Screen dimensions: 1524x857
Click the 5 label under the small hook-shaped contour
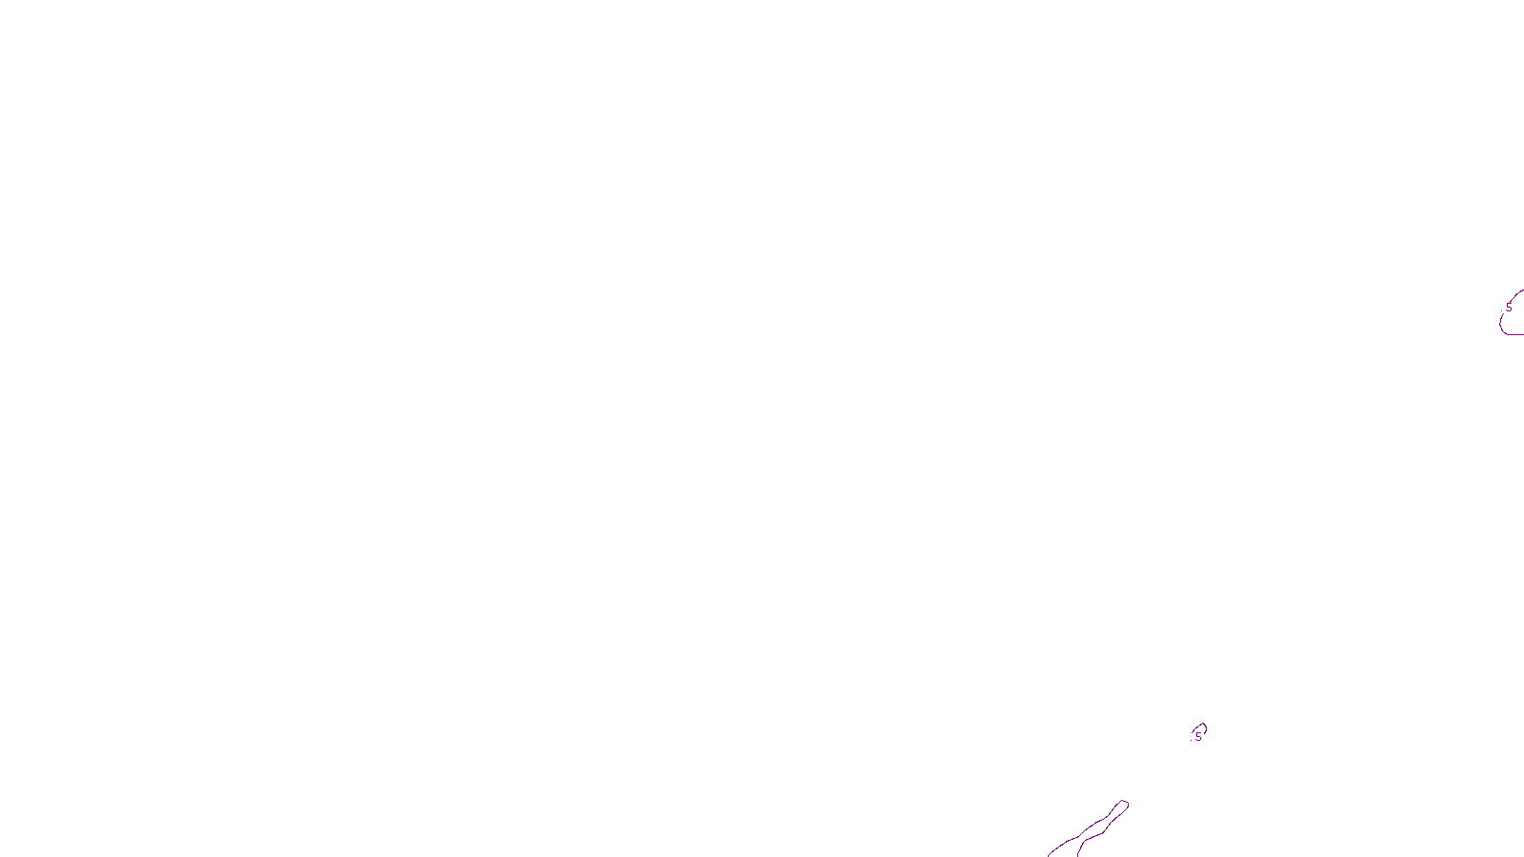point(1198,736)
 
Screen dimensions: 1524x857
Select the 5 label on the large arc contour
point(1509,308)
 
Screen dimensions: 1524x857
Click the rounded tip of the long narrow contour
point(1125,805)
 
